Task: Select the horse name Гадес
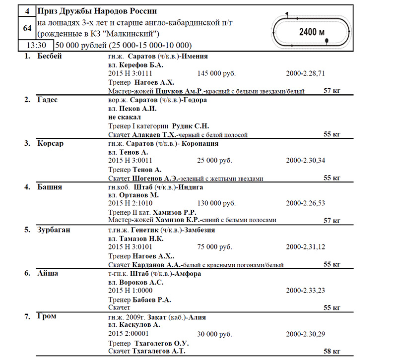coord(47,100)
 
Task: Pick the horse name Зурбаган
coord(53,230)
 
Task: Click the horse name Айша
coord(48,273)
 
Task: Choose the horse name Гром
coord(47,316)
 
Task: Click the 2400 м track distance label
coord(312,32)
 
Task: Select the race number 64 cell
coord(27,28)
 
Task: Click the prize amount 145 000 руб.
coord(216,74)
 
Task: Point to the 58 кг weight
coord(331,351)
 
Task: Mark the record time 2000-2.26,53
coord(306,203)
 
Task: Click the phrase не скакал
coord(124,117)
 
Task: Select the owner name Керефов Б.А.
coord(141,65)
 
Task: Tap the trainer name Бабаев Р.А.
coord(152,299)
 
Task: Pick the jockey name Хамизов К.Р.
coord(177,220)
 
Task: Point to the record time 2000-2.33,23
coord(306,290)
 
